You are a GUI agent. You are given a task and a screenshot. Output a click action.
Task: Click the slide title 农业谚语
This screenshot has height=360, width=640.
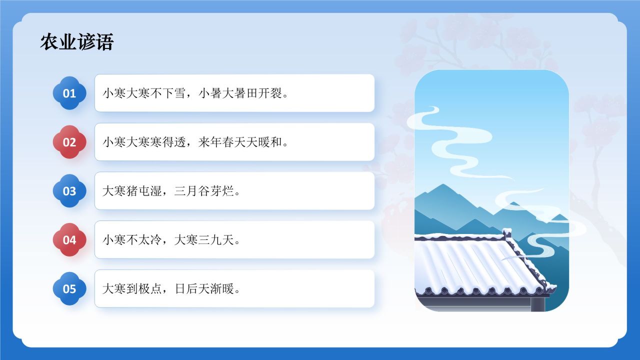pos(77,42)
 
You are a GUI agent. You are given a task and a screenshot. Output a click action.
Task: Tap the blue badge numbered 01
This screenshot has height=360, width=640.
pos(69,93)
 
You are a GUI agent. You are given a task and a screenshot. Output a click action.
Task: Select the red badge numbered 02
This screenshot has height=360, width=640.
pos(69,142)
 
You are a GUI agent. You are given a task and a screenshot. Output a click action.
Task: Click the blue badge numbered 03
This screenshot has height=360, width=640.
pos(69,191)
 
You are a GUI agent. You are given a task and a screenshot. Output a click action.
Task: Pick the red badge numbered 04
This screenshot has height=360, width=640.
pos(69,240)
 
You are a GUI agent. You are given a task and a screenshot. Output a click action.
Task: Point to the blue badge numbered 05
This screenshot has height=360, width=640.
pos(69,288)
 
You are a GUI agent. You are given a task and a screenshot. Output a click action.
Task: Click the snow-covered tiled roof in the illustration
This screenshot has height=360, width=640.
pos(465,265)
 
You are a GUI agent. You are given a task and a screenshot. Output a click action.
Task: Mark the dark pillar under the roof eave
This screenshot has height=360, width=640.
pos(537,303)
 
